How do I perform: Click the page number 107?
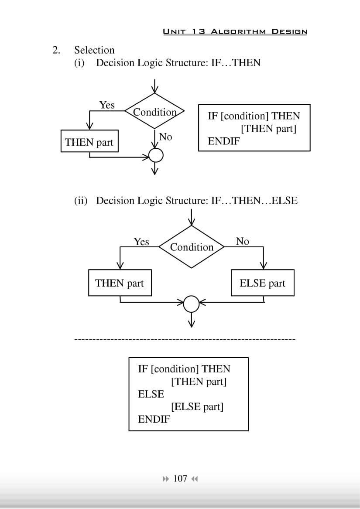[180, 478]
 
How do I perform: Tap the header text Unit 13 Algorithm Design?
[235, 31]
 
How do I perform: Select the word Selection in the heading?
[94, 50]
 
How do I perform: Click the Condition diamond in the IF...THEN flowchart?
[154, 112]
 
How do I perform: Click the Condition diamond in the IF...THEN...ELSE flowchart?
[192, 247]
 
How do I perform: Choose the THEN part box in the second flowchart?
[120, 283]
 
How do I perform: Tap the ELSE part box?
[262, 283]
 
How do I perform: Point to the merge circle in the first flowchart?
[156, 155]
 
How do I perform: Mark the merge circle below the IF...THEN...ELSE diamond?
[191, 304]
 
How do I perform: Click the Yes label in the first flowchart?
[107, 105]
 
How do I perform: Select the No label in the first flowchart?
[165, 137]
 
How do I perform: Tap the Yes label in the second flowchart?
[141, 242]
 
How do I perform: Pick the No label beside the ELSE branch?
[242, 241]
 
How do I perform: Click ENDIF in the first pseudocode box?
[223, 141]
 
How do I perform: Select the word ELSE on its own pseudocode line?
[151, 394]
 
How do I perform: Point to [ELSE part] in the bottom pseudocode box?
[197, 407]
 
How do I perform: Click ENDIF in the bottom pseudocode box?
[154, 420]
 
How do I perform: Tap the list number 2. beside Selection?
[56, 50]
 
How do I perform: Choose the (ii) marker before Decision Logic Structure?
[81, 201]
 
